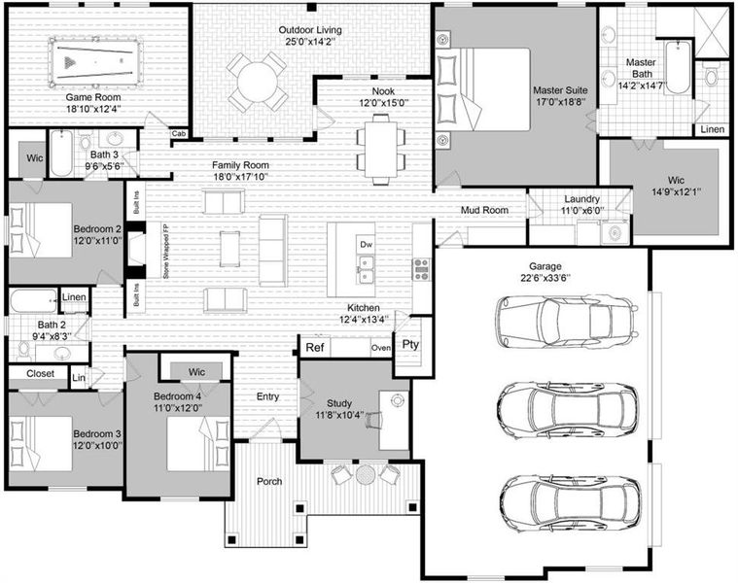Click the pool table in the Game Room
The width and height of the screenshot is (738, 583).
(94, 62)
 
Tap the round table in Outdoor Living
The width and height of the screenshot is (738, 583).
(258, 83)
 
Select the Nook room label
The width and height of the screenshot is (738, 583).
(384, 91)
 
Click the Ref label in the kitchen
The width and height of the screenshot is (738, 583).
(315, 348)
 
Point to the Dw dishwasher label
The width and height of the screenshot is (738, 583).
(366, 245)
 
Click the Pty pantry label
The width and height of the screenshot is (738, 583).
(410, 345)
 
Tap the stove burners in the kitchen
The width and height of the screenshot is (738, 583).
(421, 269)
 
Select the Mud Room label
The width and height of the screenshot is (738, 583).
(484, 210)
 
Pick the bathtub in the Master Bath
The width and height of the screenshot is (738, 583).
(678, 67)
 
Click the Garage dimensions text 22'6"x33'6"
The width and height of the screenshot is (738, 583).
(545, 277)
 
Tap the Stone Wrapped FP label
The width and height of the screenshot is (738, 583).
(165, 251)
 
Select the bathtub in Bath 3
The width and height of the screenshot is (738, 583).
(61, 154)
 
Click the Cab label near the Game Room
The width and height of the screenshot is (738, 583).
(178, 134)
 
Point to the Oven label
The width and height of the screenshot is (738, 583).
(381, 348)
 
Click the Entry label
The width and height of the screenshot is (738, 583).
(267, 396)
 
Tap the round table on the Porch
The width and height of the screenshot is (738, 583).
(365, 475)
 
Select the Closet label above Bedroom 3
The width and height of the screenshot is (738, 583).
(40, 373)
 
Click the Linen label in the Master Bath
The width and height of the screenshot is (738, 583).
(712, 129)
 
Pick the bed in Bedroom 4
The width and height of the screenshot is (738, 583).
(198, 444)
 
